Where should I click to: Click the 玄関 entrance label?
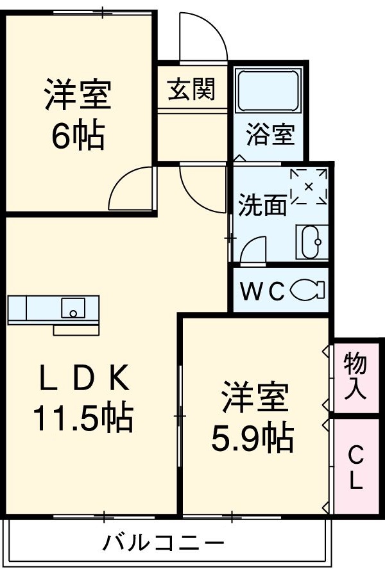(191, 89)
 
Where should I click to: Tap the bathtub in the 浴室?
(268, 92)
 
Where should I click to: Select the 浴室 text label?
(269, 135)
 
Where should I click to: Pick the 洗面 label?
(262, 204)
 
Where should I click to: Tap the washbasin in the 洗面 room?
(312, 243)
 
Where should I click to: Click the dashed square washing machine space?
(309, 186)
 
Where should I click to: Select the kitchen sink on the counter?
(73, 309)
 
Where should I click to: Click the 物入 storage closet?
(355, 377)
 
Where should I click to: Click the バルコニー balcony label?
(164, 545)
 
